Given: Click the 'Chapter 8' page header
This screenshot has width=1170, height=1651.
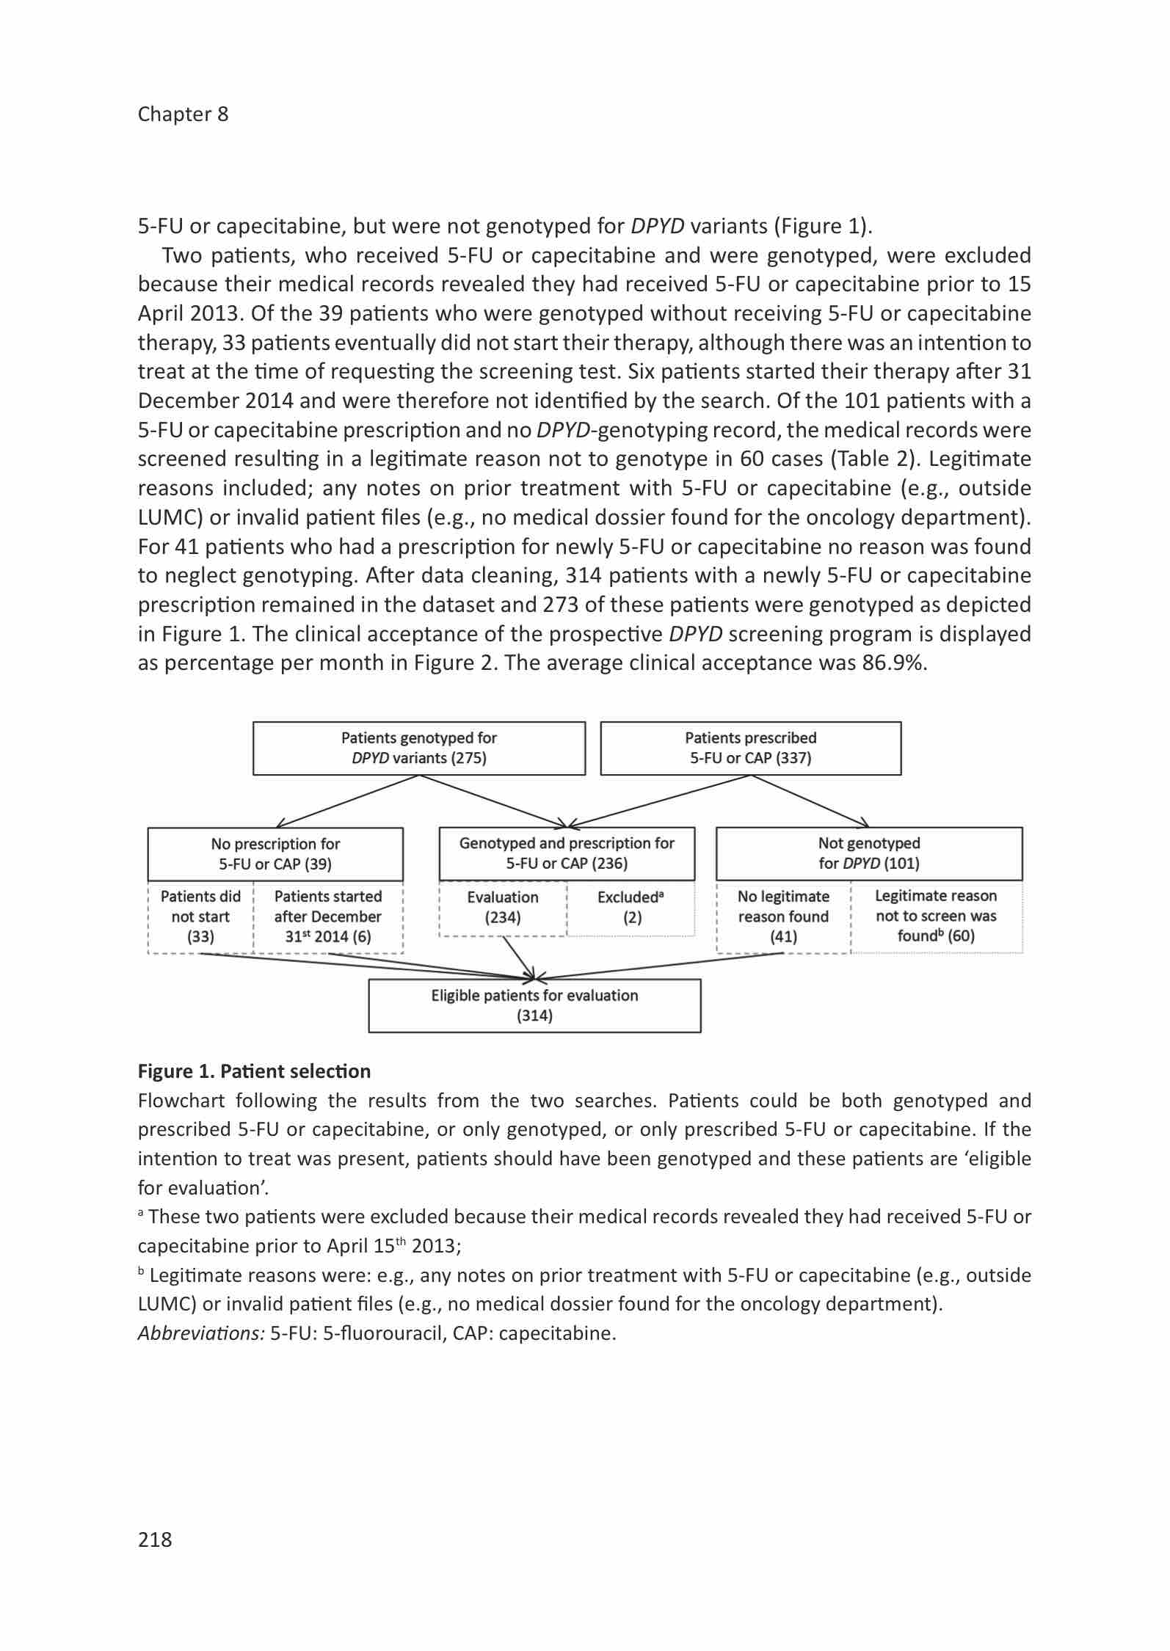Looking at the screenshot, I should [183, 114].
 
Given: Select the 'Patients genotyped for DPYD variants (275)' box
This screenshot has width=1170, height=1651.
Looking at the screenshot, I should [419, 748].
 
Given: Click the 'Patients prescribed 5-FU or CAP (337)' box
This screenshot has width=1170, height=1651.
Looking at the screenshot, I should [750, 748].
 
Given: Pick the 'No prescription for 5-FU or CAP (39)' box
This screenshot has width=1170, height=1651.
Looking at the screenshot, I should [275, 853].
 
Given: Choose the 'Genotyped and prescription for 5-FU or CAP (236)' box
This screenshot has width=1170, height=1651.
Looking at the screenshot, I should [567, 853].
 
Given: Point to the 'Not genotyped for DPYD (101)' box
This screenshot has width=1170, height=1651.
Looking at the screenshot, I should [869, 853].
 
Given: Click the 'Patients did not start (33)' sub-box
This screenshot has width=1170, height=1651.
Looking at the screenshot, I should [200, 916].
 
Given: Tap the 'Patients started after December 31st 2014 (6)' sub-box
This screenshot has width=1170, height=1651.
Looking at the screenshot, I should [328, 916].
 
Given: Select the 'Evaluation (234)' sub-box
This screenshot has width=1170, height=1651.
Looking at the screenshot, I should [503, 908].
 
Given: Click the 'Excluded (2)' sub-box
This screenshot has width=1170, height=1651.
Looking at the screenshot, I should [631, 908].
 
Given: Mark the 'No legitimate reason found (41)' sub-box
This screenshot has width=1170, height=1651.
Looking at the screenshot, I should [783, 916].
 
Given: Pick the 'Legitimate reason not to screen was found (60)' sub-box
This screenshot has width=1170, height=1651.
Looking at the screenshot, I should [936, 916].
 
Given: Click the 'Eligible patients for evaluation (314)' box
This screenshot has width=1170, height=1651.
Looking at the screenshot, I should [534, 1005].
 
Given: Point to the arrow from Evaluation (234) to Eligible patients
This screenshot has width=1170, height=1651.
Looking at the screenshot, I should [518, 958].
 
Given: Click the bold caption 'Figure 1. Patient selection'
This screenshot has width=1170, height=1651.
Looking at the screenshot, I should [254, 1071].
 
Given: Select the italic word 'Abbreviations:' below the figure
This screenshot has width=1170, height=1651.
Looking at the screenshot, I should [201, 1333].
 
